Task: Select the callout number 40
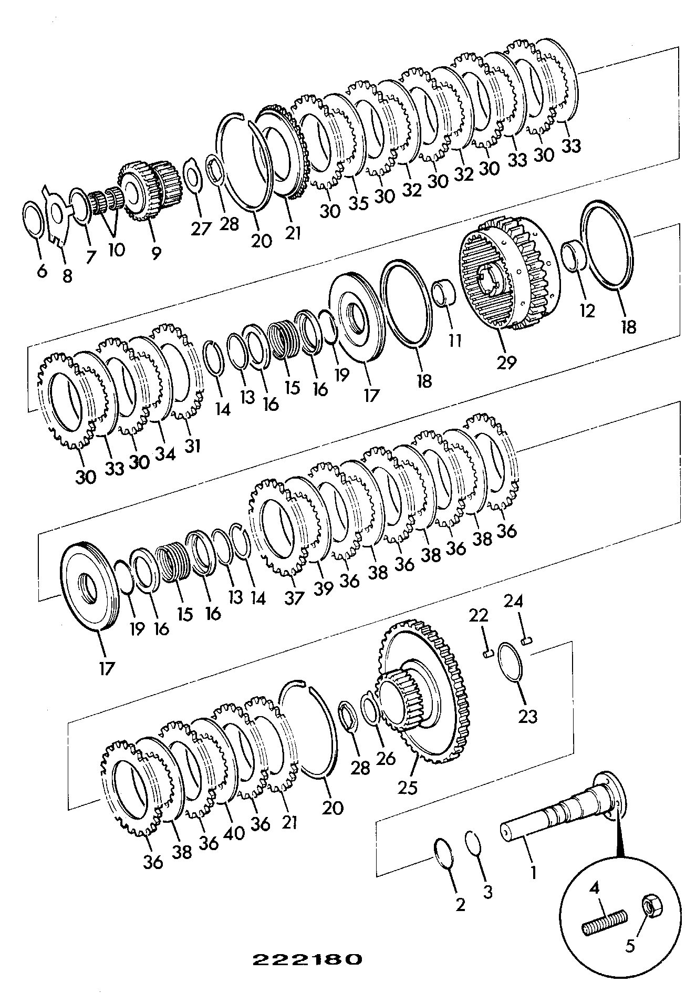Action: coord(234,833)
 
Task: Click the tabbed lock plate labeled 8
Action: coord(61,213)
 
